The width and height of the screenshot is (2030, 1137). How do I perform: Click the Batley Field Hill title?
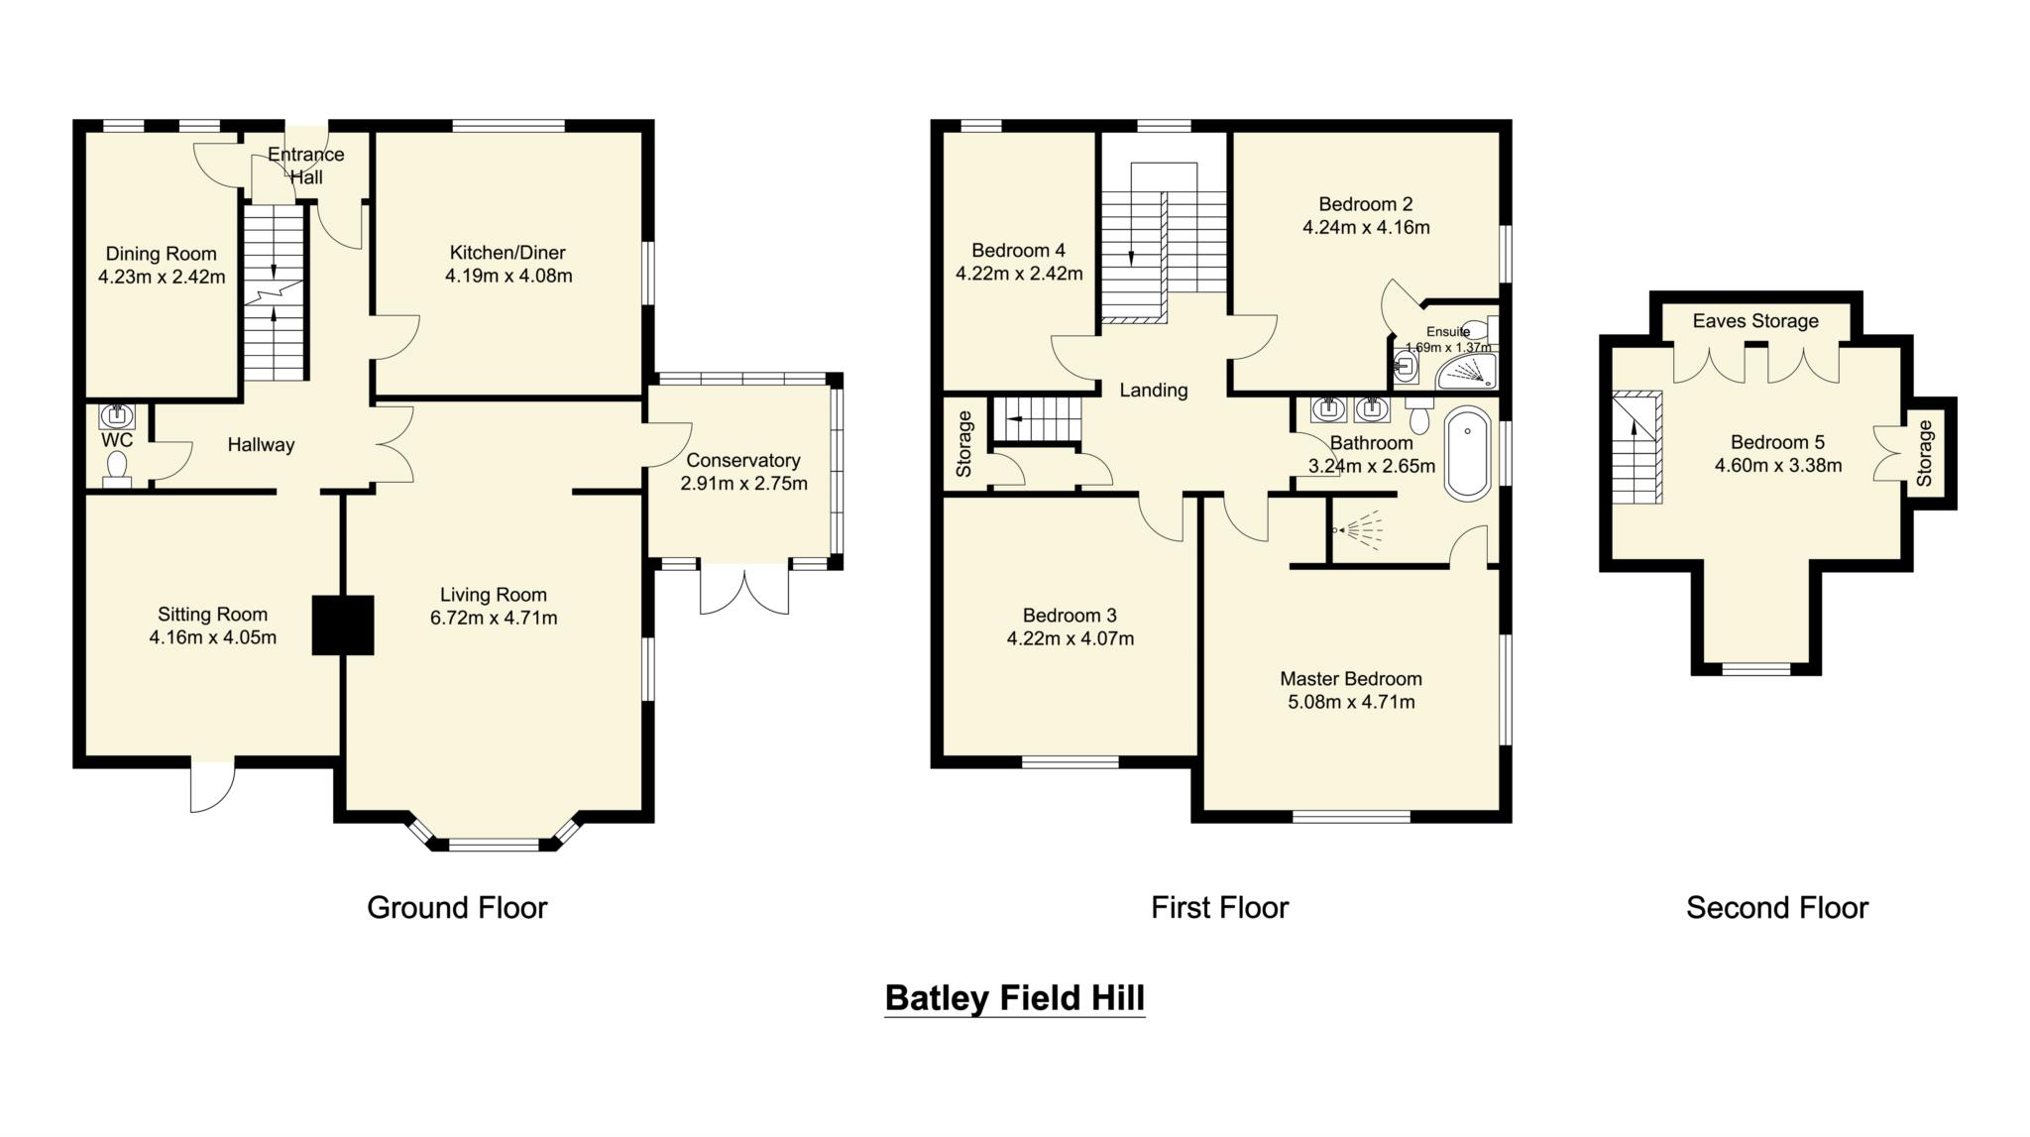click(x=1014, y=997)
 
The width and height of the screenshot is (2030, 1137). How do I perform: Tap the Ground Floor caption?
click(x=457, y=907)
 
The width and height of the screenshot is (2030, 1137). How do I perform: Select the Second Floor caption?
click(x=1776, y=907)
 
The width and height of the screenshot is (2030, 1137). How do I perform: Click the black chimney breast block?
click(x=343, y=625)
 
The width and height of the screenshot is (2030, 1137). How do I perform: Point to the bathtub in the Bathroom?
click(x=1468, y=453)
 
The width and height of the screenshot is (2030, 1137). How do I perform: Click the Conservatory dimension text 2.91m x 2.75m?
click(x=743, y=484)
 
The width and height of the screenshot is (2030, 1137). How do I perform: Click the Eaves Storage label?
click(x=1754, y=321)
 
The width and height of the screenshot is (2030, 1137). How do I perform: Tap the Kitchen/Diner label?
click(x=507, y=252)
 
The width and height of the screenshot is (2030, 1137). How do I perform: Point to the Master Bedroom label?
click(x=1350, y=679)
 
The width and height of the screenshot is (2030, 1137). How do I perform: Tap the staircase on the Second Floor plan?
click(x=1636, y=449)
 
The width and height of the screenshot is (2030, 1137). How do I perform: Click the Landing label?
click(x=1153, y=391)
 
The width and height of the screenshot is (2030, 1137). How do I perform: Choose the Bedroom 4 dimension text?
click(x=1018, y=273)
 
